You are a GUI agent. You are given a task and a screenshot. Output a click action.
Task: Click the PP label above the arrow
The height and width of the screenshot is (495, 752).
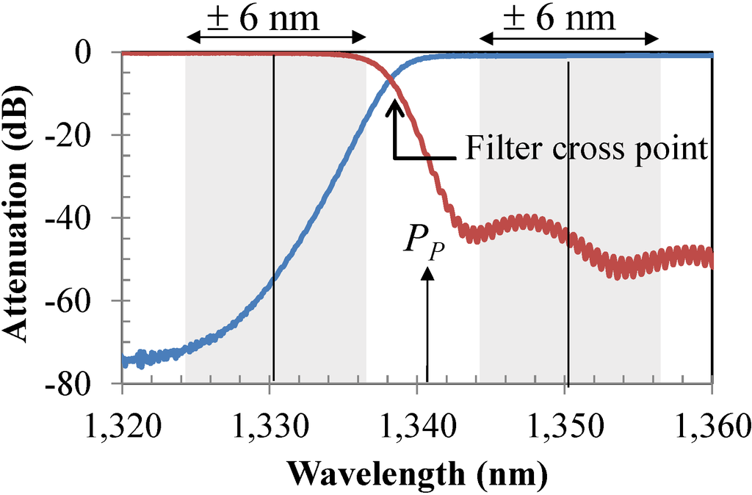424,240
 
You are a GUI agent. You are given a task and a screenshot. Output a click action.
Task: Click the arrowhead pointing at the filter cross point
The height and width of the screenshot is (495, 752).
395,106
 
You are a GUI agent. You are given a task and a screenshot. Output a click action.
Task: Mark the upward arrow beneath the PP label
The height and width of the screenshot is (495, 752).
427,323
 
